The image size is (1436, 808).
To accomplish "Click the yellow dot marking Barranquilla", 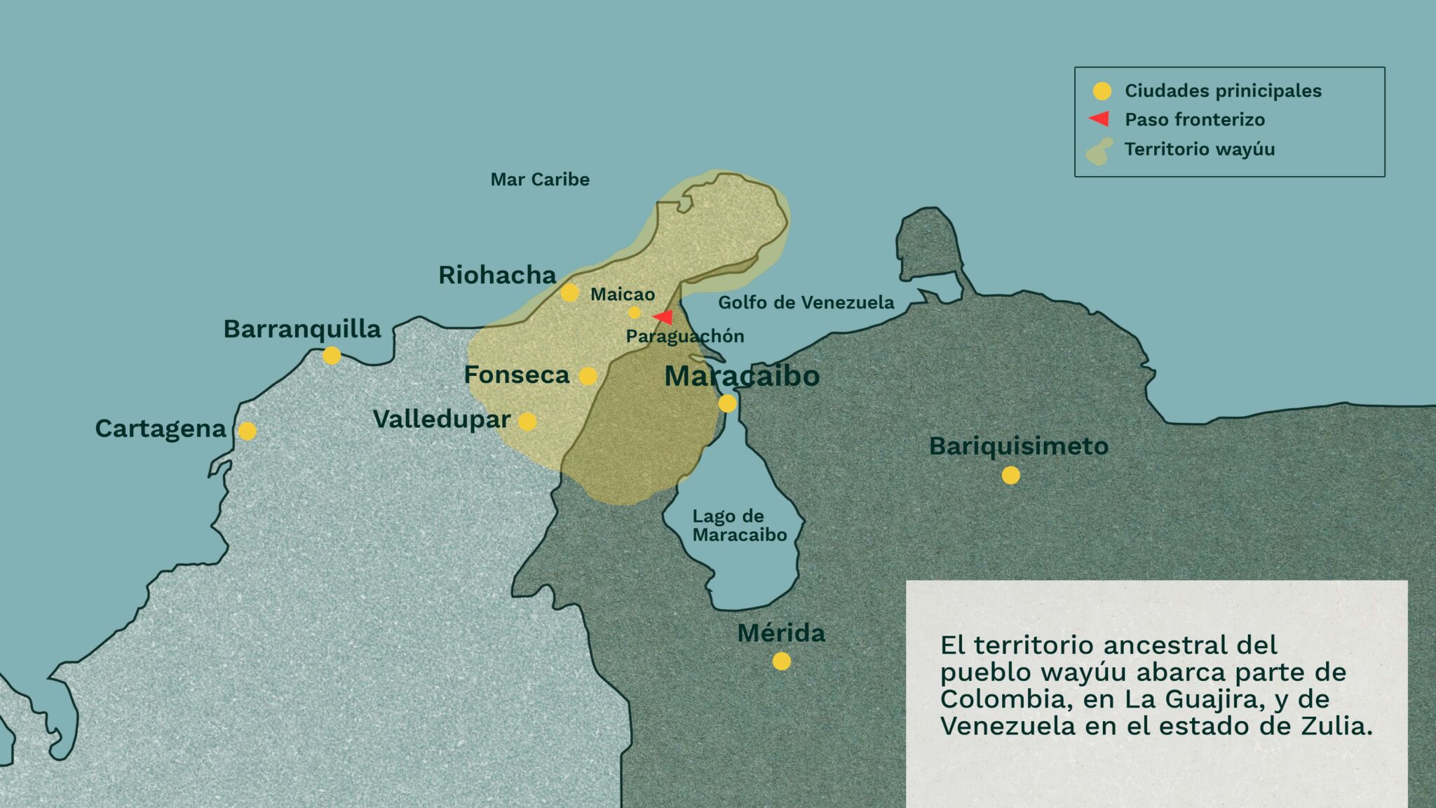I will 332,356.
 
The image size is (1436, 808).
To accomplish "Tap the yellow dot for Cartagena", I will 248,431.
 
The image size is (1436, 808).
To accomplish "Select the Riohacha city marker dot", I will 569,292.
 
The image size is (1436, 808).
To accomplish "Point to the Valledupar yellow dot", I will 527,422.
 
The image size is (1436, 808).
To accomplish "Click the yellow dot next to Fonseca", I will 588,377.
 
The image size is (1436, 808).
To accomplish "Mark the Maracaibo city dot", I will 727,403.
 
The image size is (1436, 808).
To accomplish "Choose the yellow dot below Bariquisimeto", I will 1010,476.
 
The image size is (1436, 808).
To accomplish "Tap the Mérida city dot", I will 781,661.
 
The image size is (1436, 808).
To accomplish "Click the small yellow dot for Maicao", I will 634,312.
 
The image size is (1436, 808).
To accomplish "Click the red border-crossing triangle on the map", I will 663,317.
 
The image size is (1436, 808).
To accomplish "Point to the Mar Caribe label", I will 540,180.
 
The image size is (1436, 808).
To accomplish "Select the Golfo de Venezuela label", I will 806,302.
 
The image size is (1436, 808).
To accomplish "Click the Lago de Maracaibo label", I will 739,525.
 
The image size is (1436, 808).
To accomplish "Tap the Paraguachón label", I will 685,337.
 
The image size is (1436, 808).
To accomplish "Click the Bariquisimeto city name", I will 1018,446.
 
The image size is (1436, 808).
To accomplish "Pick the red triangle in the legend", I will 1099,119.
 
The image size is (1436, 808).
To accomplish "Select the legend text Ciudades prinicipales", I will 1223,90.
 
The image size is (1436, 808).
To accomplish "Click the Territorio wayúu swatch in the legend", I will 1099,151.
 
